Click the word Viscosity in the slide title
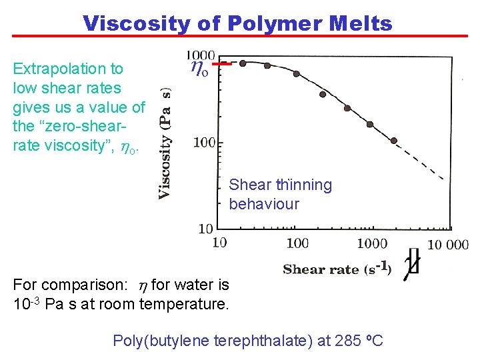click(136, 23)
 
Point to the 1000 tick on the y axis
click(200, 56)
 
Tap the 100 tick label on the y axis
click(204, 141)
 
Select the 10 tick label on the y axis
click(206, 229)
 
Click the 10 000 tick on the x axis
click(447, 245)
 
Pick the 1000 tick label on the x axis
click(372, 243)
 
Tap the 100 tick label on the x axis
click(297, 243)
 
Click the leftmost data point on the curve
click(243, 63)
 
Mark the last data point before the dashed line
click(393, 141)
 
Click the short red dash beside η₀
click(225, 64)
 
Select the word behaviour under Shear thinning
click(264, 204)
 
